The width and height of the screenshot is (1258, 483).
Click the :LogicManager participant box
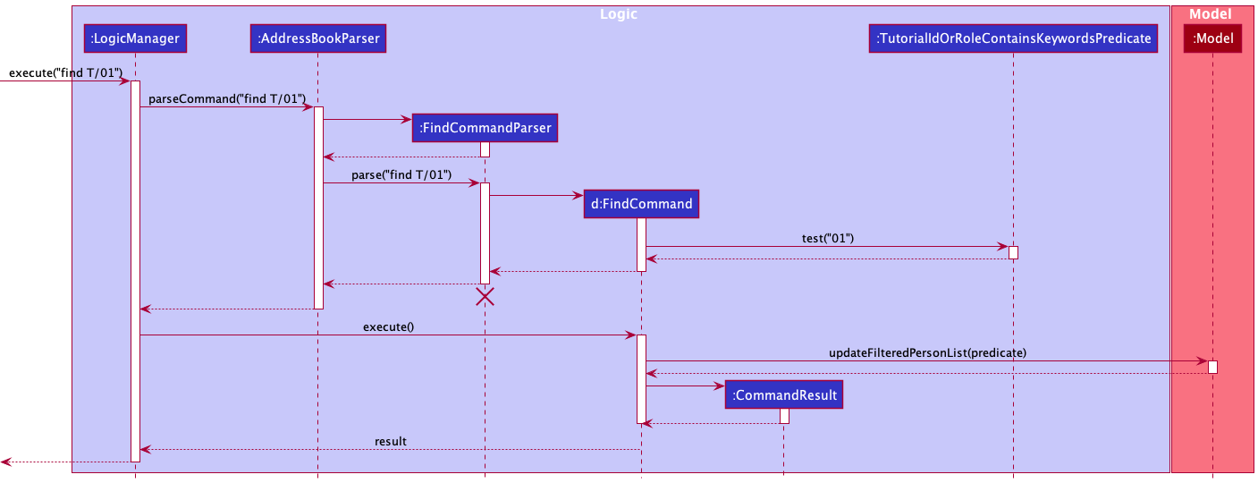[135, 38]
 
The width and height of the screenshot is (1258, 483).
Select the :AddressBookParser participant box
[318, 38]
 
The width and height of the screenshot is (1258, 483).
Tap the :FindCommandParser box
[485, 128]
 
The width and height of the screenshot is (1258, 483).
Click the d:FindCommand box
[641, 203]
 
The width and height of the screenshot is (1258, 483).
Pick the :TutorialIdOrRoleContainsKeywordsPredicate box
[1013, 38]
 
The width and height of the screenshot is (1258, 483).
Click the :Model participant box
[1212, 38]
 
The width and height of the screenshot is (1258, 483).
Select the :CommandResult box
[783, 394]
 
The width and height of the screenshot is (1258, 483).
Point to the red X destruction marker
[485, 297]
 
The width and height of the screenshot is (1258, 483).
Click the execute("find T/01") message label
[65, 72]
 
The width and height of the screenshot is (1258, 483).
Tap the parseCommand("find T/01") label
[227, 98]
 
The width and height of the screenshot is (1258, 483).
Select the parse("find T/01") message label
[401, 174]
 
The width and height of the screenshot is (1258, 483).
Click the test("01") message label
[828, 238]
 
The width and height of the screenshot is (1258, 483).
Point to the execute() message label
[388, 326]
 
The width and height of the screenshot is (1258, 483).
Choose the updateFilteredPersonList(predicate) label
[927, 352]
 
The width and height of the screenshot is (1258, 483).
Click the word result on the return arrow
[390, 441]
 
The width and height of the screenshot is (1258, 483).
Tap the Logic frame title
[618, 14]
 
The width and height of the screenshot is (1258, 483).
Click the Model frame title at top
[1210, 14]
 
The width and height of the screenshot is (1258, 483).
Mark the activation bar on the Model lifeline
[1212, 367]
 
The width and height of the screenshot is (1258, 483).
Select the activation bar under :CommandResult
[784, 416]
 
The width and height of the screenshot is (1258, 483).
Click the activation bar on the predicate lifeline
[1013, 252]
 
